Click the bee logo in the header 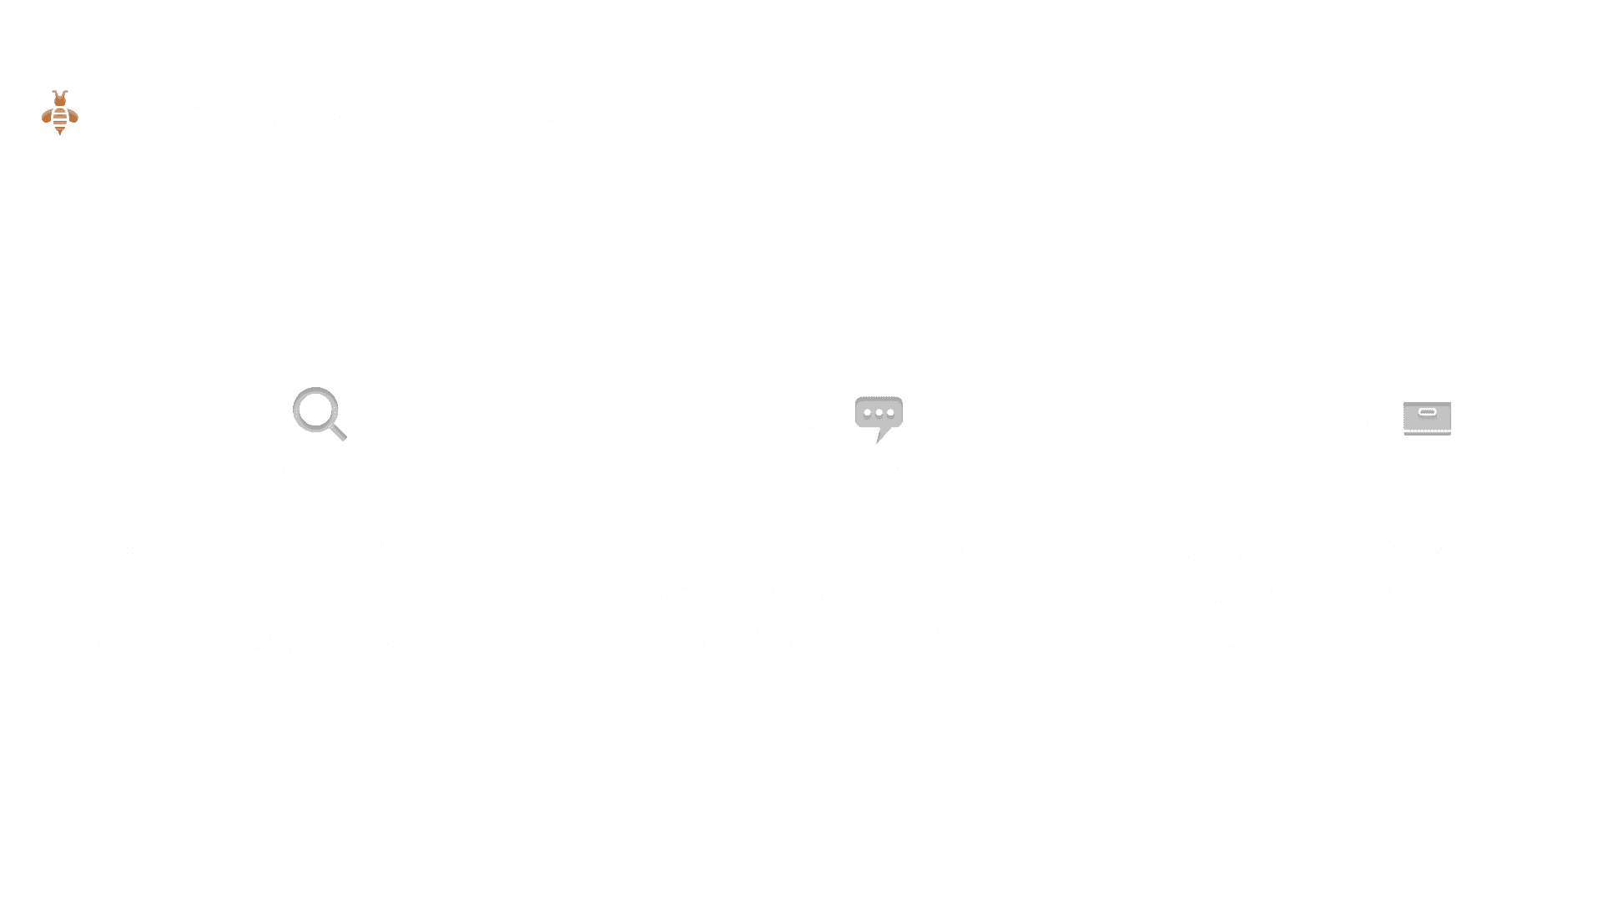coord(60,112)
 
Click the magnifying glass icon coord(319,414)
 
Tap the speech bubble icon coord(879,417)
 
